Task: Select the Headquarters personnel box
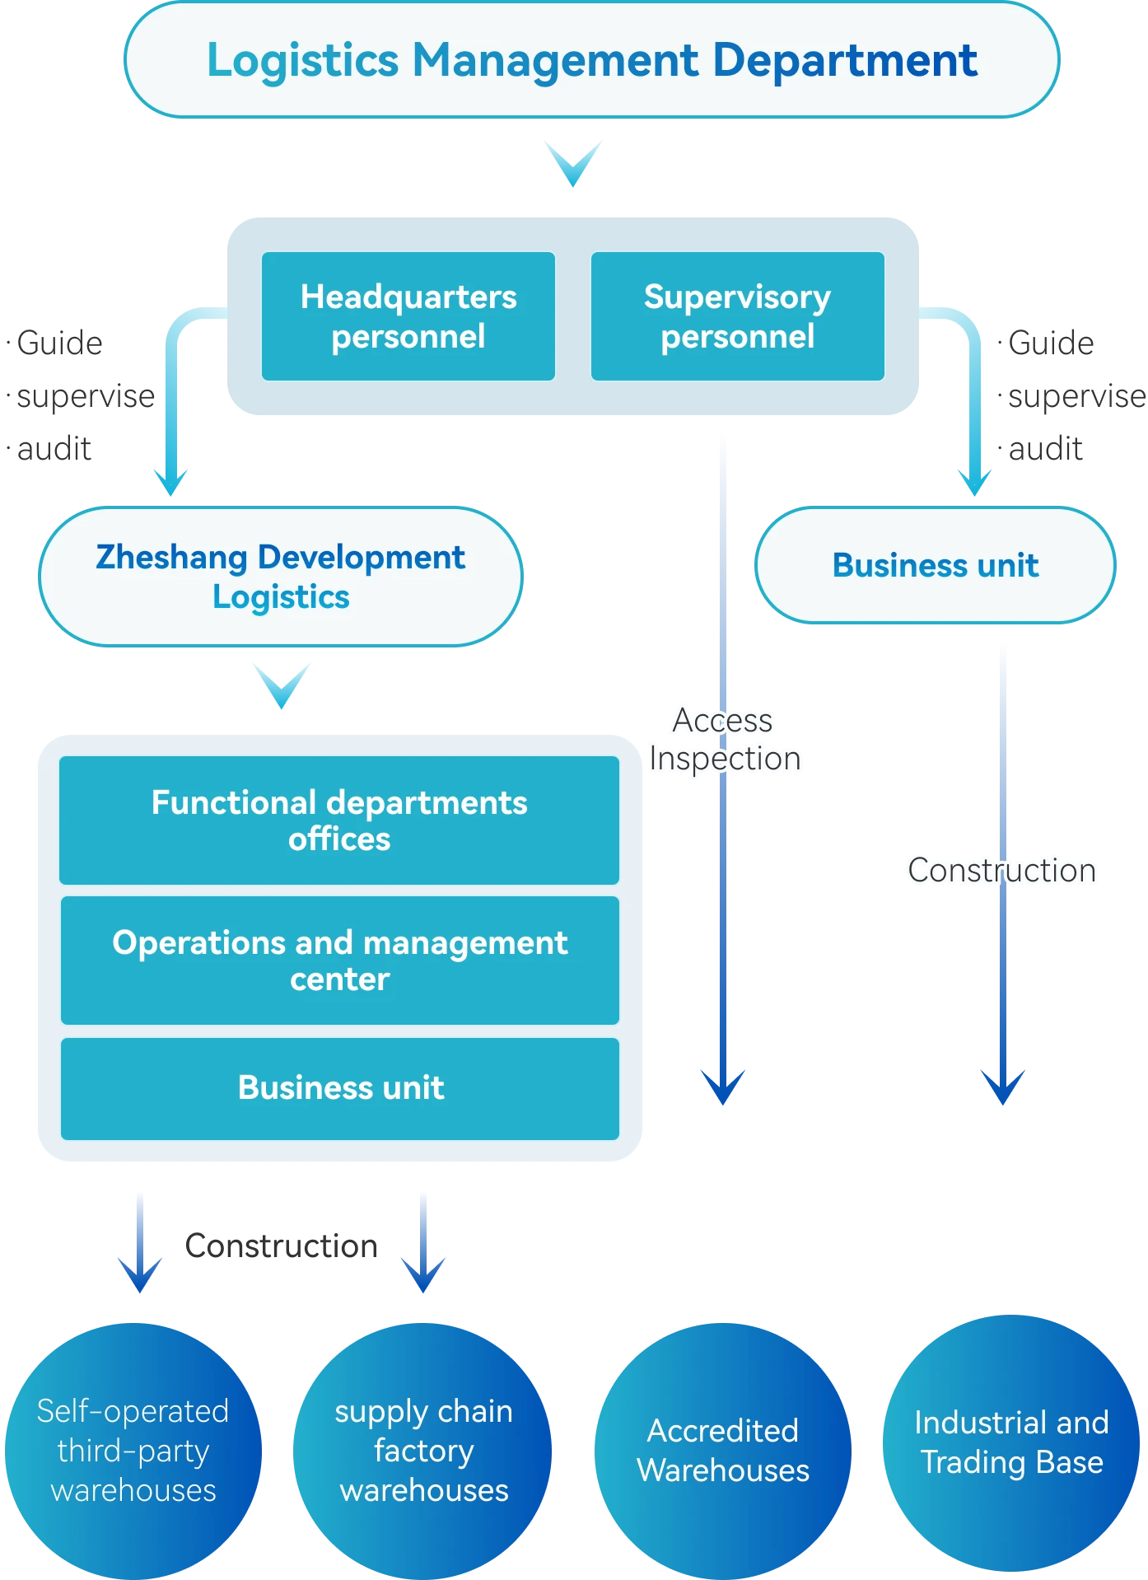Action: coord(408,316)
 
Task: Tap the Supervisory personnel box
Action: coord(738,316)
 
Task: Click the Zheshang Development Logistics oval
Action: coord(281,576)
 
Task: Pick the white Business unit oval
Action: coord(935,565)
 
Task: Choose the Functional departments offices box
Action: coord(339,820)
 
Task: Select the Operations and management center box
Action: coord(339,961)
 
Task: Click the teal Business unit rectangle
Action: coord(339,1088)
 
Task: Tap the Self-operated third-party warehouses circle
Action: coord(133,1451)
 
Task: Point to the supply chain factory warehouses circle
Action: coord(424,1451)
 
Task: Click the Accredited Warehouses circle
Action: coord(723,1451)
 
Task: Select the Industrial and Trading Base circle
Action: coord(1011,1442)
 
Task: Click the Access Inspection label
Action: coord(724,740)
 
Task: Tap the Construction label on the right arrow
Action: coord(1002,871)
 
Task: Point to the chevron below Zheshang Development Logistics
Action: coord(282,683)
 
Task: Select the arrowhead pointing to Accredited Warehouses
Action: coord(723,1087)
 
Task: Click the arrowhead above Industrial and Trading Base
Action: coord(1002,1087)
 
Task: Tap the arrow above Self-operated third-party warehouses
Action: coord(139,1244)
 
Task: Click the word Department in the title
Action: coord(845,60)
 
